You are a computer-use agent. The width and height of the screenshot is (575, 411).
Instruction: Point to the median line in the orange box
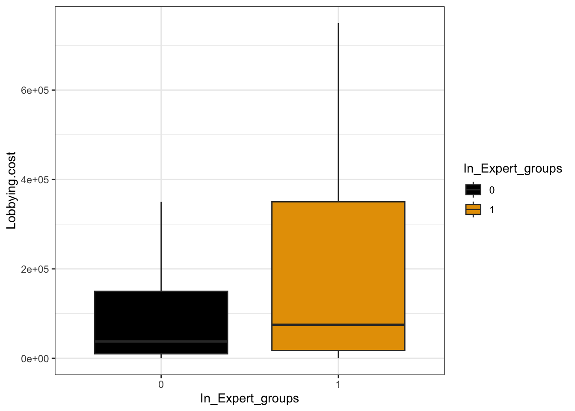click(338, 325)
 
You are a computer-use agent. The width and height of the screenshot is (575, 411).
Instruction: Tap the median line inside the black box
click(161, 341)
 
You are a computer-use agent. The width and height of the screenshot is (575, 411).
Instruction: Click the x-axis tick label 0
click(161, 384)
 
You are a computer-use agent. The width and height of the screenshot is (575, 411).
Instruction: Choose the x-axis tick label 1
click(338, 384)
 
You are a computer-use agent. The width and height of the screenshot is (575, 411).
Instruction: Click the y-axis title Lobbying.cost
click(11, 191)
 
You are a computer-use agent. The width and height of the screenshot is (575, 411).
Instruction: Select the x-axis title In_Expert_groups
click(249, 399)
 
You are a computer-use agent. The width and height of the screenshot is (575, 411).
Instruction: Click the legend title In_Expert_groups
click(513, 169)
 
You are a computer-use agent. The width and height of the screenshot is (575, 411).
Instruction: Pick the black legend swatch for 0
click(473, 190)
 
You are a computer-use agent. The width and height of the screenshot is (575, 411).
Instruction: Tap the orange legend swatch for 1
click(473, 209)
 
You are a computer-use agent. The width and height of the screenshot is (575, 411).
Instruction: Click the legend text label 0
click(492, 190)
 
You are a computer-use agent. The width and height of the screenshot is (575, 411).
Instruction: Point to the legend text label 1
click(492, 210)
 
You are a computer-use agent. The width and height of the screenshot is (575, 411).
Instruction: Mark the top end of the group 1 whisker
click(338, 24)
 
